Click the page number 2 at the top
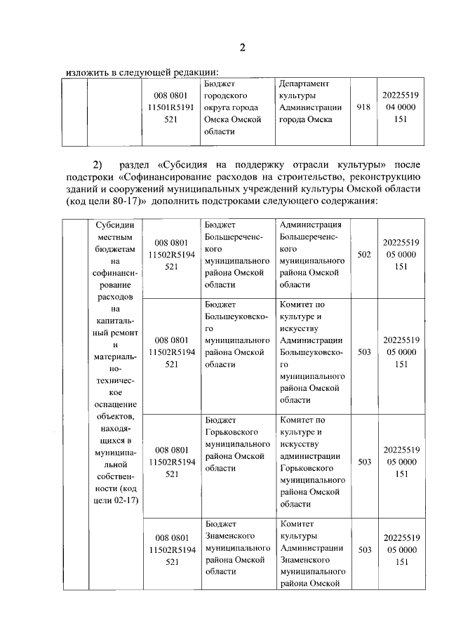[x=242, y=48]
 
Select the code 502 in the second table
[x=363, y=255]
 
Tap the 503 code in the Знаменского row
[x=363, y=550]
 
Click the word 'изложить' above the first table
[x=86, y=72]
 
